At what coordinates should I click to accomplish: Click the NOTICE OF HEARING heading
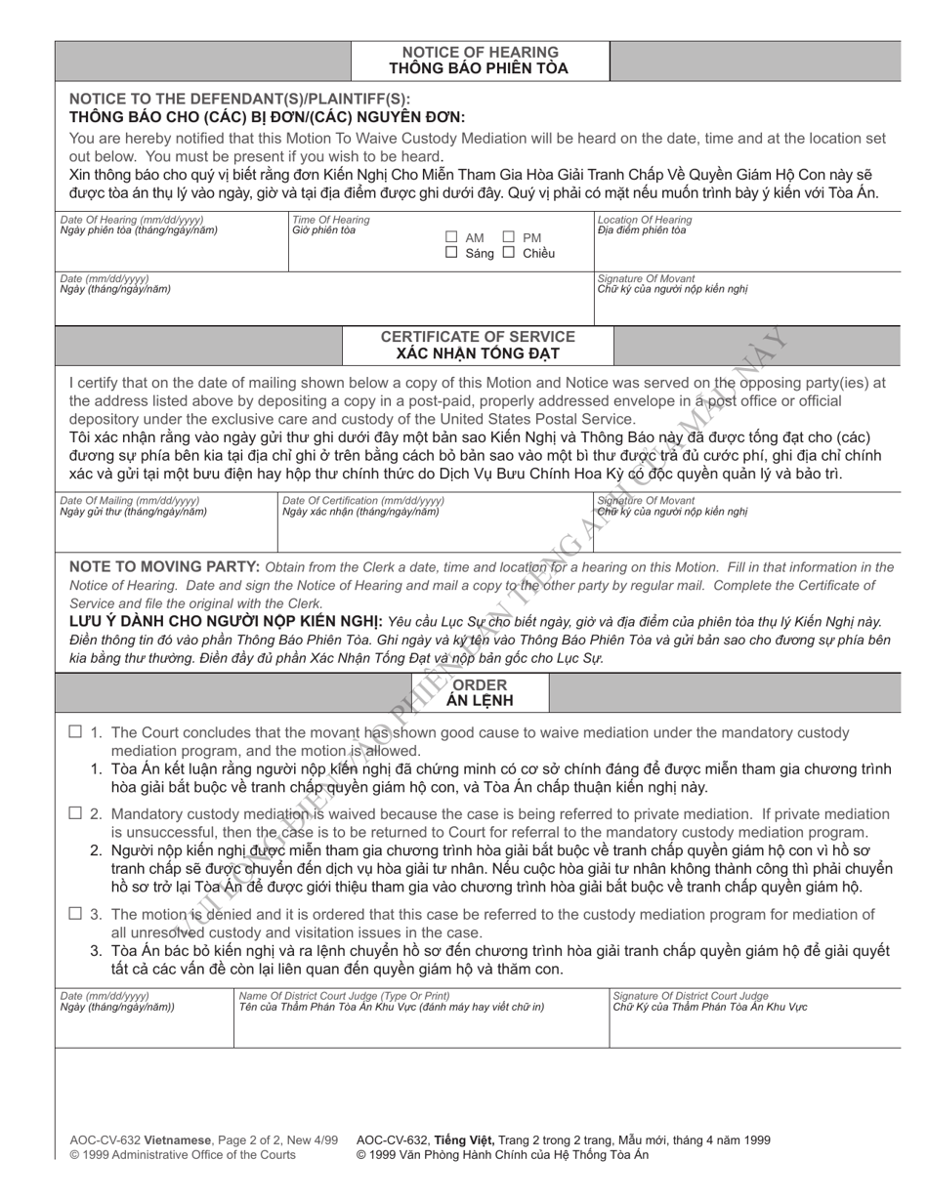[480, 52]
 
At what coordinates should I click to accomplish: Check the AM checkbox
[451, 237]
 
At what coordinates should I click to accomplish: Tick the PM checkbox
[509, 237]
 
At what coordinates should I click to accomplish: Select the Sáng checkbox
[451, 253]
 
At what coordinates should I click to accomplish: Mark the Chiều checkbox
[509, 253]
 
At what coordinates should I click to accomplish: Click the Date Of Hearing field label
[132, 220]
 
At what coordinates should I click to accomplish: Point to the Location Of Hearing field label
[645, 220]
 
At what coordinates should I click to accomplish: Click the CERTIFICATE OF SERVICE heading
[478, 337]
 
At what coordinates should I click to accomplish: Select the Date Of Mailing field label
[131, 500]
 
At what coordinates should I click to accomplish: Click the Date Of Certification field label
[363, 500]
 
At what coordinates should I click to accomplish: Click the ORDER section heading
[480, 685]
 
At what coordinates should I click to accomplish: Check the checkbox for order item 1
[75, 732]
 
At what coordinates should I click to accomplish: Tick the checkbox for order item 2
[75, 812]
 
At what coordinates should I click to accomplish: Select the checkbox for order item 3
[75, 914]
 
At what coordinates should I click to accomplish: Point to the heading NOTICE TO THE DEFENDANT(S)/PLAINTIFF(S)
[240, 99]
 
